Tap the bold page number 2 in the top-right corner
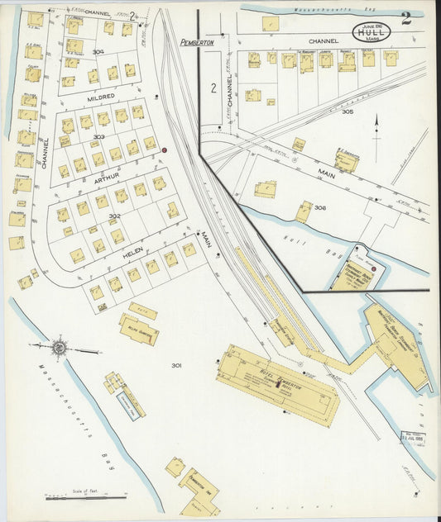pos(405,19)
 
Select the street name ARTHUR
pos(106,176)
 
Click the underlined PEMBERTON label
pos(197,41)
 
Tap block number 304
pos(99,52)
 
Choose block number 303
pos(99,137)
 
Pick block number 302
pos(115,216)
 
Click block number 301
pos(176,365)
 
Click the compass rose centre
pos(60,348)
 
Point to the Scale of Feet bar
pos(86,496)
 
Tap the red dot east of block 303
pos(165,149)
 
